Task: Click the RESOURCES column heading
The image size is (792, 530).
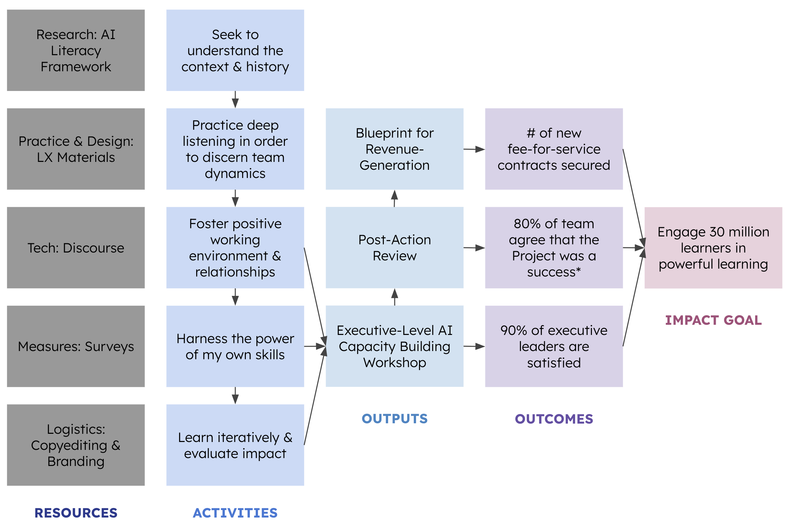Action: pos(76,513)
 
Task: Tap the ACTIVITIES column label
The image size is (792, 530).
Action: pos(235,513)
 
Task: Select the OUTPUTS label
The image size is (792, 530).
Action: pos(394,418)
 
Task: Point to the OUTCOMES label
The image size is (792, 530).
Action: pos(554,419)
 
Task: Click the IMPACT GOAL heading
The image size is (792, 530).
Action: pos(713,320)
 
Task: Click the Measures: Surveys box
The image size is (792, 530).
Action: pos(76,346)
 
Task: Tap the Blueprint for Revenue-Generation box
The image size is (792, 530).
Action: pos(394,149)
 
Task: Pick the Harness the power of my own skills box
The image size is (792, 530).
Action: pos(235,346)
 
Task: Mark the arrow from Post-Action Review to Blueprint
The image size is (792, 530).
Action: pos(394,198)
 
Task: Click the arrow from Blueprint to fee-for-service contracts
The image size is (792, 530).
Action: pos(474,149)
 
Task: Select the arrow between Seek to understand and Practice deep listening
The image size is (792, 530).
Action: pos(235,99)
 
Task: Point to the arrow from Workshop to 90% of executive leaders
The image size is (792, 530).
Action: pos(474,346)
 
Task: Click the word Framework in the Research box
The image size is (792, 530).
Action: pos(76,67)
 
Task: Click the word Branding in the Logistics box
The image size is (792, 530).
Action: pos(76,461)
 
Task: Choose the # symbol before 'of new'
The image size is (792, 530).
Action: pos(531,133)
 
